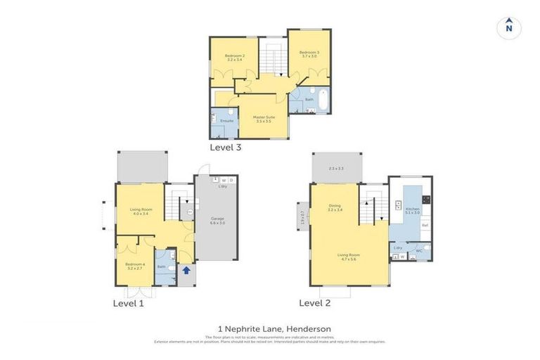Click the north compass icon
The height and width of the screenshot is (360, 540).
[x=509, y=28]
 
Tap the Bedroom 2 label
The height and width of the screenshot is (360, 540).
[x=234, y=58]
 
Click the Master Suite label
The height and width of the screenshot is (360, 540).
[x=264, y=119]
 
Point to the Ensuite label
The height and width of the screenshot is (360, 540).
[x=226, y=121]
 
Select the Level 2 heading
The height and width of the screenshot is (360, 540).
[x=315, y=302]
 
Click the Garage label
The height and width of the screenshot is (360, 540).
[x=217, y=221]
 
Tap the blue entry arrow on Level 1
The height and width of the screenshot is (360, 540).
[x=186, y=269]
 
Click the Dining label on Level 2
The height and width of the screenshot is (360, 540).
[x=334, y=207]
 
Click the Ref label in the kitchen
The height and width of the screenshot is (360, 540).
[x=424, y=225]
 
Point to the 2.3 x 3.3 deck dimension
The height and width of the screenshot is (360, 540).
[x=336, y=169]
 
